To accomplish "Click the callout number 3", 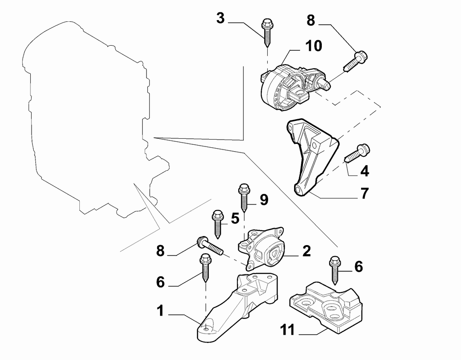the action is (x=221, y=18).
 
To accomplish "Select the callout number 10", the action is (x=313, y=46).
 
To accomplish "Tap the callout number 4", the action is (x=365, y=171).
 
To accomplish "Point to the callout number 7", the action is (x=365, y=193).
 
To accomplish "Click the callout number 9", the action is (x=264, y=200).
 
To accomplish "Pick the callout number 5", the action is (x=235, y=219).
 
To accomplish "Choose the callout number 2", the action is (x=306, y=251).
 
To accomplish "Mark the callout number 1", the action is (x=160, y=310).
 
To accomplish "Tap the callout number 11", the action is (x=287, y=330).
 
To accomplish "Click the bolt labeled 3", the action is (x=267, y=32).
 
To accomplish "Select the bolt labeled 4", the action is (x=357, y=153).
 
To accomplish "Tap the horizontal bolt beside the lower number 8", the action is (x=210, y=245).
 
